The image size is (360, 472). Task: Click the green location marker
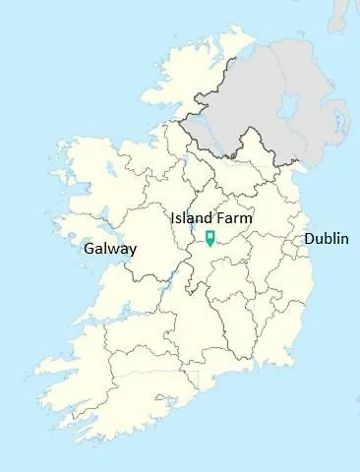[x=210, y=237]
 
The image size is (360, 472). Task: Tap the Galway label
[x=110, y=249]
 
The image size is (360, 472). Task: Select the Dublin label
[x=326, y=239]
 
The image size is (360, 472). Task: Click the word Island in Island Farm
[x=192, y=217]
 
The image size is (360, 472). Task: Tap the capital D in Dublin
[x=309, y=239]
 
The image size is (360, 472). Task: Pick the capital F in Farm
[x=221, y=217]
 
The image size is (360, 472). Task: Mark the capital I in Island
[x=173, y=217]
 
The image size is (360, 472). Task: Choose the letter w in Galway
[x=112, y=250]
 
